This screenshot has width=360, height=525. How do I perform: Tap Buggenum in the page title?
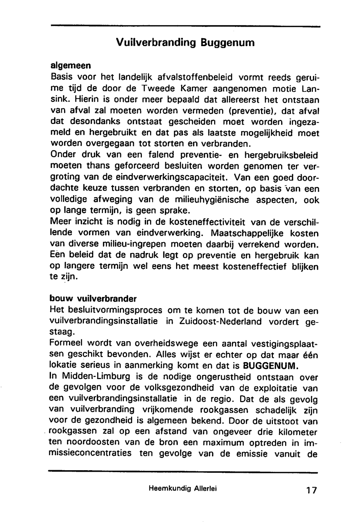[228, 43]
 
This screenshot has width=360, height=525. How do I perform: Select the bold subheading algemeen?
[71, 66]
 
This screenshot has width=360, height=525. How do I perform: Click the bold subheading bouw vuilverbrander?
[93, 299]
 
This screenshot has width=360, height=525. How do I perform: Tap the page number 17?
[311, 490]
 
